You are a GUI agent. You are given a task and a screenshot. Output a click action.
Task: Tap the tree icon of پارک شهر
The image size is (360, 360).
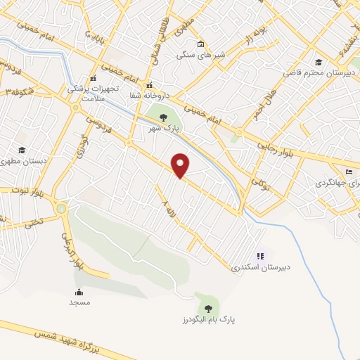pyautogui.click(x=163, y=117)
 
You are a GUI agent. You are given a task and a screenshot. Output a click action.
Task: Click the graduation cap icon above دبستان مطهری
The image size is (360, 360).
pyautogui.click(x=22, y=150)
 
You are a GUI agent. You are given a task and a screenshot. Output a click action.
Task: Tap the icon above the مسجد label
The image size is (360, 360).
pyautogui.click(x=79, y=292)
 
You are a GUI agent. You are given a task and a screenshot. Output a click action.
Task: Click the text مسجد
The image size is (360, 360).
pyautogui.click(x=79, y=302)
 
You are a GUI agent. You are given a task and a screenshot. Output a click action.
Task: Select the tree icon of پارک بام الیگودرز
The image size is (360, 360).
pyautogui.click(x=207, y=307)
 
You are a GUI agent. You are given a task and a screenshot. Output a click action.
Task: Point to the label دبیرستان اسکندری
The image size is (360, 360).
pyautogui.click(x=261, y=268)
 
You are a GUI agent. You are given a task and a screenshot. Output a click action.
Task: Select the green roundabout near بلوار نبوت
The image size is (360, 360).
pyautogui.click(x=62, y=209)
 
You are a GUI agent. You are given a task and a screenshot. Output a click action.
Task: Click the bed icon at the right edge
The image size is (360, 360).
pyautogui.click(x=349, y=171)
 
